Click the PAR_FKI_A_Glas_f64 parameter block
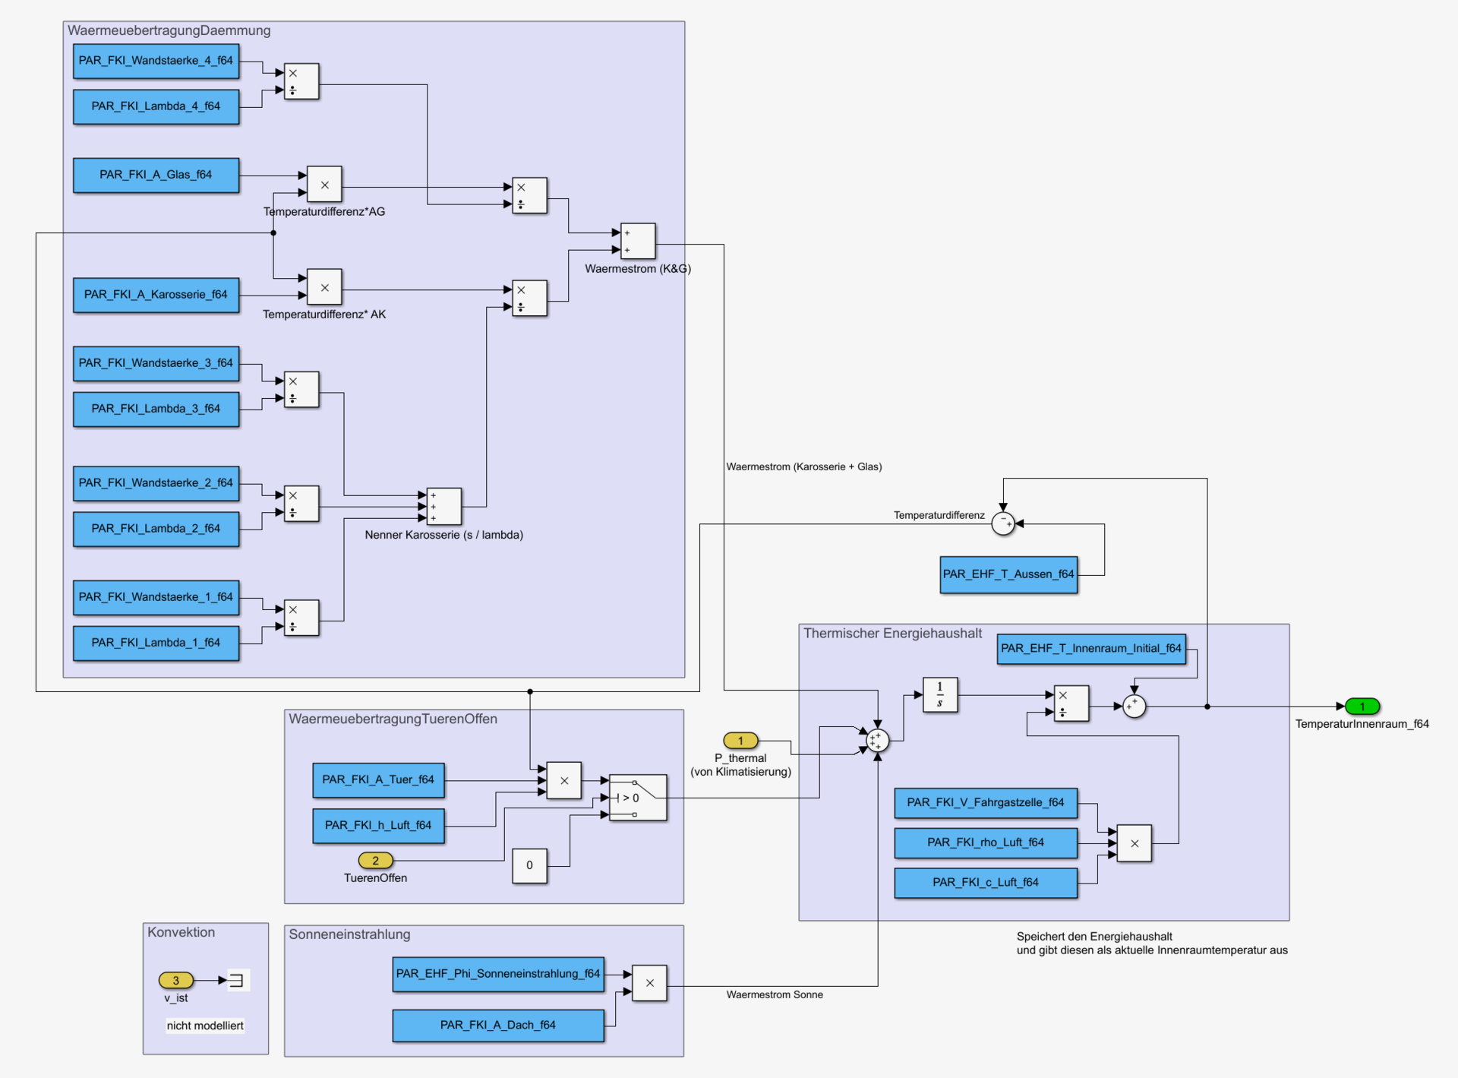(x=156, y=175)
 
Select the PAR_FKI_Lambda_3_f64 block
(x=156, y=409)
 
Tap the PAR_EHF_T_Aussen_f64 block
(x=1008, y=574)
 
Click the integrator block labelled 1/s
(x=940, y=694)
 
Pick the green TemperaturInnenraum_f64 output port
(x=1362, y=707)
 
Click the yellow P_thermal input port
(x=740, y=740)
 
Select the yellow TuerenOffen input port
(x=375, y=861)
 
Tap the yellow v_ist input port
(x=175, y=980)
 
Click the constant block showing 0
(x=529, y=865)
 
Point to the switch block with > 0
(x=638, y=798)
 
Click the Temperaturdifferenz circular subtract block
(x=1003, y=523)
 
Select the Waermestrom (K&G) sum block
(x=638, y=242)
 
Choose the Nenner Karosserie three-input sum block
(x=444, y=506)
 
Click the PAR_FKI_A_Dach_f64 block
(x=498, y=1025)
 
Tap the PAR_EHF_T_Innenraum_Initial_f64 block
(x=1091, y=649)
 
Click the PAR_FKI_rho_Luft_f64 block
(x=986, y=842)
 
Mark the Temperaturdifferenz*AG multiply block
(x=324, y=185)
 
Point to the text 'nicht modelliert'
(x=205, y=1026)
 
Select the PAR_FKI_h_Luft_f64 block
(x=378, y=826)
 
